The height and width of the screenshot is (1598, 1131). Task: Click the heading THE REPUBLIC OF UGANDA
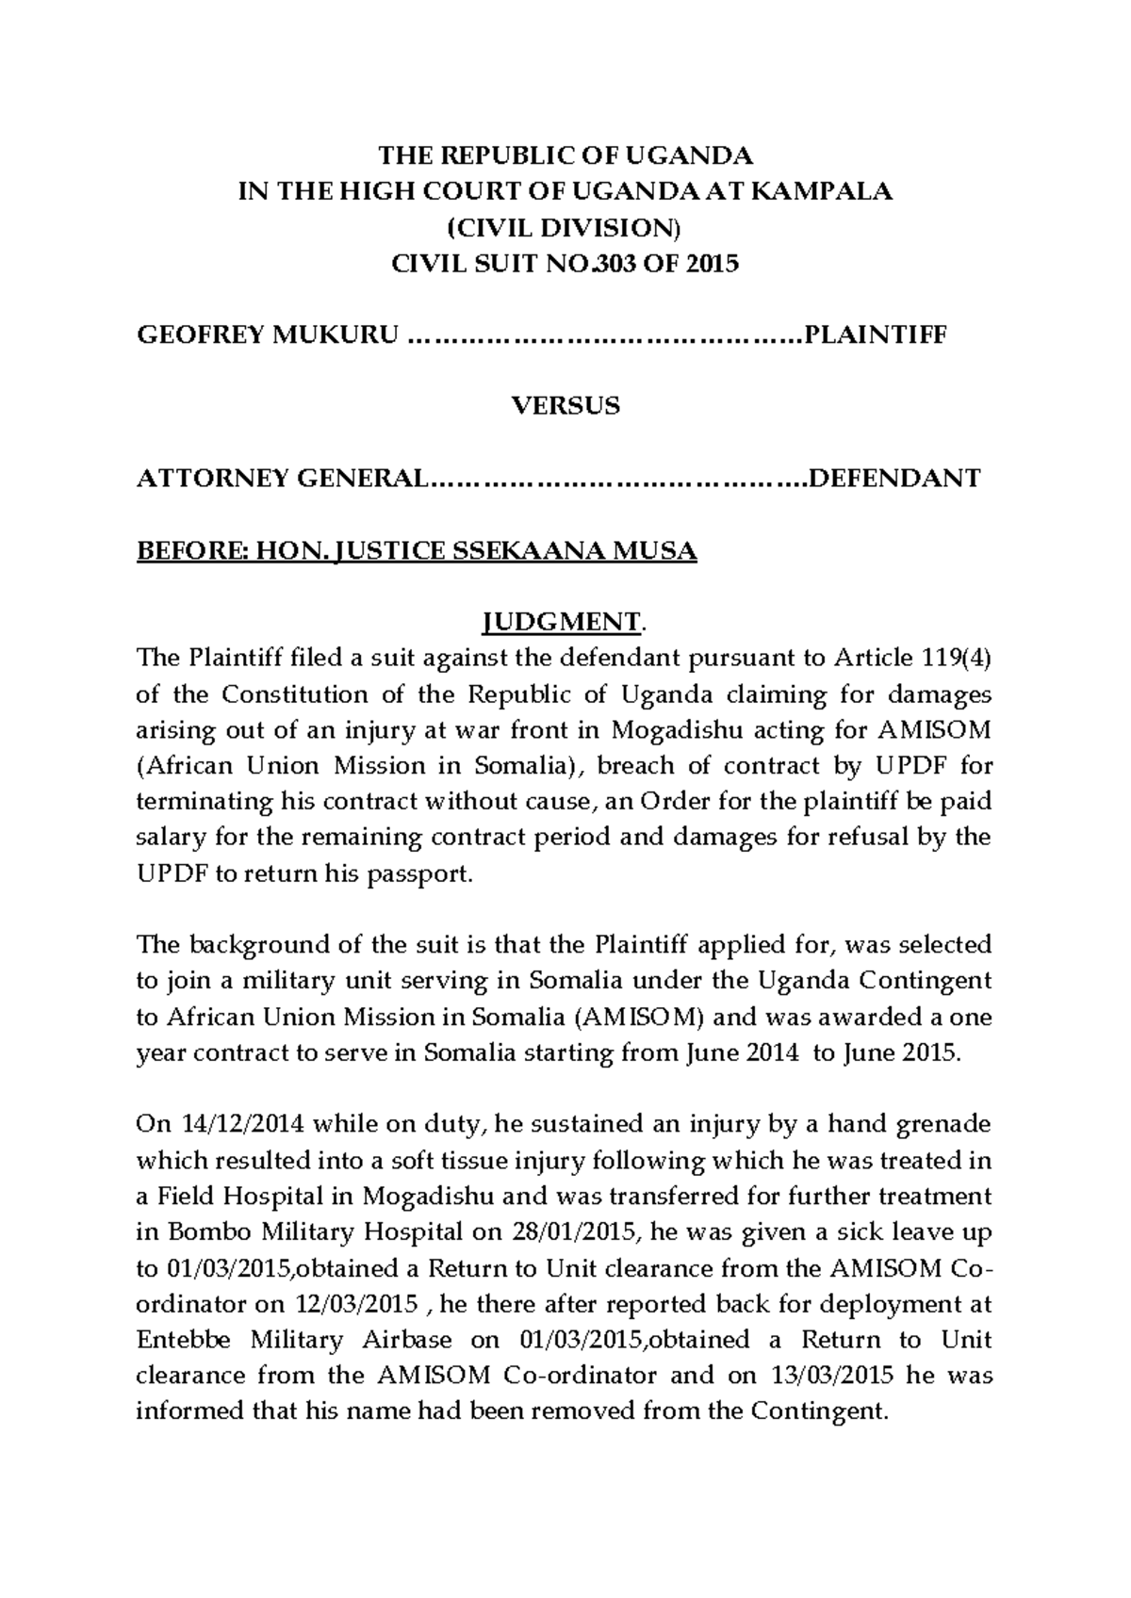(x=565, y=155)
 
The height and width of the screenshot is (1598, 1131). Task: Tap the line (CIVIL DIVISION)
(x=565, y=227)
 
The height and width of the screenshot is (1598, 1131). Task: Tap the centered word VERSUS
(x=565, y=407)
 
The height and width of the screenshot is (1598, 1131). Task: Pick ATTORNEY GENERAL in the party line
(x=282, y=479)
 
